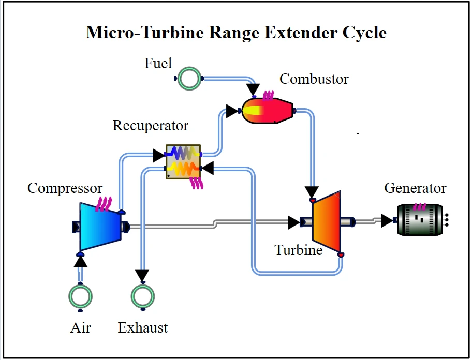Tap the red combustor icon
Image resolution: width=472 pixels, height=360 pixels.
pos(268,111)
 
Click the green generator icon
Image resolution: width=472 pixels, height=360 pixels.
pos(421,220)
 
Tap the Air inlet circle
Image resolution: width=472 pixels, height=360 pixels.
pos(81,297)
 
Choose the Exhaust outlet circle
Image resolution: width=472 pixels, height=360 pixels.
pos(142,297)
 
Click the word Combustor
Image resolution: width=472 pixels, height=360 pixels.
pos(314,79)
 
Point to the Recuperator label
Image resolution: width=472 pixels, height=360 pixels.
pos(151,126)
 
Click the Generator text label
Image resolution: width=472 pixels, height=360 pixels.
pos(415,188)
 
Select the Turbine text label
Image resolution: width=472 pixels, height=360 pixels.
pos(299,250)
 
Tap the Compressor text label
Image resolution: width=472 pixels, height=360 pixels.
pos(65,188)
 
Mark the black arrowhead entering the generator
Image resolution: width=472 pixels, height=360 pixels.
pos(387,221)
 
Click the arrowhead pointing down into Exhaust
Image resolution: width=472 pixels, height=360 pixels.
pos(142,275)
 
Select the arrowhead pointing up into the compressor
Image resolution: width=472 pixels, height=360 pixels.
pos(80,261)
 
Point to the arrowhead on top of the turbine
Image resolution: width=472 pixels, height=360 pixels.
pos(312,192)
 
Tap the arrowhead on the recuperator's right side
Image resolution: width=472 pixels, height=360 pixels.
pos(208,168)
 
